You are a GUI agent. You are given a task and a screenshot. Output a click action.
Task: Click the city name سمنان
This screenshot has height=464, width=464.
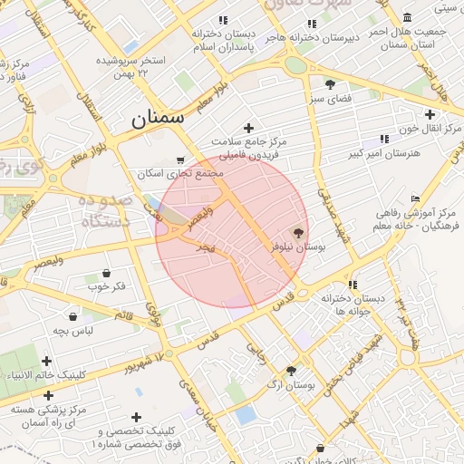158,117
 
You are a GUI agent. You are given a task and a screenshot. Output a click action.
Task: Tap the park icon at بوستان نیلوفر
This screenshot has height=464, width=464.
299,232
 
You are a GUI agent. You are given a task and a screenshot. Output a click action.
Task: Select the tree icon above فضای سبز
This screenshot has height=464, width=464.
329,83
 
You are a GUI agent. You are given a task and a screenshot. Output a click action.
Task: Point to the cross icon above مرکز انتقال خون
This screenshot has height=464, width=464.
430,114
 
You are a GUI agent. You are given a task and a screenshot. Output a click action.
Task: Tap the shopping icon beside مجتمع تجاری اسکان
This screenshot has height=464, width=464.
179,159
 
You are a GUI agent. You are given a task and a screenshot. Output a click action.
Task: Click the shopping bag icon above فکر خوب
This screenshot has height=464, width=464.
107,273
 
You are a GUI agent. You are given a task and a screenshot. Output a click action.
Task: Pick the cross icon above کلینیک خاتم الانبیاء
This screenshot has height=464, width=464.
46,362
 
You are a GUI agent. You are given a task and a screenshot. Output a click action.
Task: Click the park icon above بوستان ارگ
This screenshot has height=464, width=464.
291,371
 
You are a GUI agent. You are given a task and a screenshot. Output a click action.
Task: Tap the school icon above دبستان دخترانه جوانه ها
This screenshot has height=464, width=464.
352,284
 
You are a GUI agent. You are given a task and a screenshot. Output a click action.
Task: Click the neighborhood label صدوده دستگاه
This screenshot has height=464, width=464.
106,210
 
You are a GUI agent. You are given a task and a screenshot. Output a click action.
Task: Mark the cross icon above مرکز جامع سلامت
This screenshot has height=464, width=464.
248,128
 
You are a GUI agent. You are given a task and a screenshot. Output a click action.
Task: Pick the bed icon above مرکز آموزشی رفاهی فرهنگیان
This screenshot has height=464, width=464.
416,198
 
